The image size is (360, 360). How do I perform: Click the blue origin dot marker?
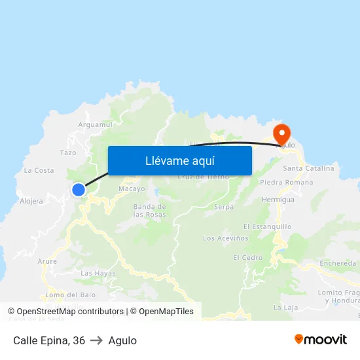[79, 190]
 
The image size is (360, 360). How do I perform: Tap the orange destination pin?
[282, 134]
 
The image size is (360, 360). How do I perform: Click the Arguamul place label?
[96, 124]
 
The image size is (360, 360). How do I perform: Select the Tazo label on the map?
[68, 153]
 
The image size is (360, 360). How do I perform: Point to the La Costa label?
[39, 170]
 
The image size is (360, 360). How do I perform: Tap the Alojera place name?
[31, 201]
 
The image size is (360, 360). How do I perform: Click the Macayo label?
[131, 189]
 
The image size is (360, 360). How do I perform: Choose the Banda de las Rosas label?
[149, 210]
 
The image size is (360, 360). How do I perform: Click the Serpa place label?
[224, 207]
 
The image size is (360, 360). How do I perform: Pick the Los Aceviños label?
[226, 238]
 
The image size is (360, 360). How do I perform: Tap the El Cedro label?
[247, 258]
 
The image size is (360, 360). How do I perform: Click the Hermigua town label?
[278, 199]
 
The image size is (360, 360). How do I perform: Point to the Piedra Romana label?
[286, 182]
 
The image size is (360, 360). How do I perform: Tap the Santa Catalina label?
[308, 168]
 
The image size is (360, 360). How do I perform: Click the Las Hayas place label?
[98, 273]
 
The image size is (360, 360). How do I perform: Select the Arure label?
[47, 261]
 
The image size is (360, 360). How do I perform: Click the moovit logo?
[320, 340]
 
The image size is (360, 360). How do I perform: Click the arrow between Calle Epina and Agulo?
[96, 340]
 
